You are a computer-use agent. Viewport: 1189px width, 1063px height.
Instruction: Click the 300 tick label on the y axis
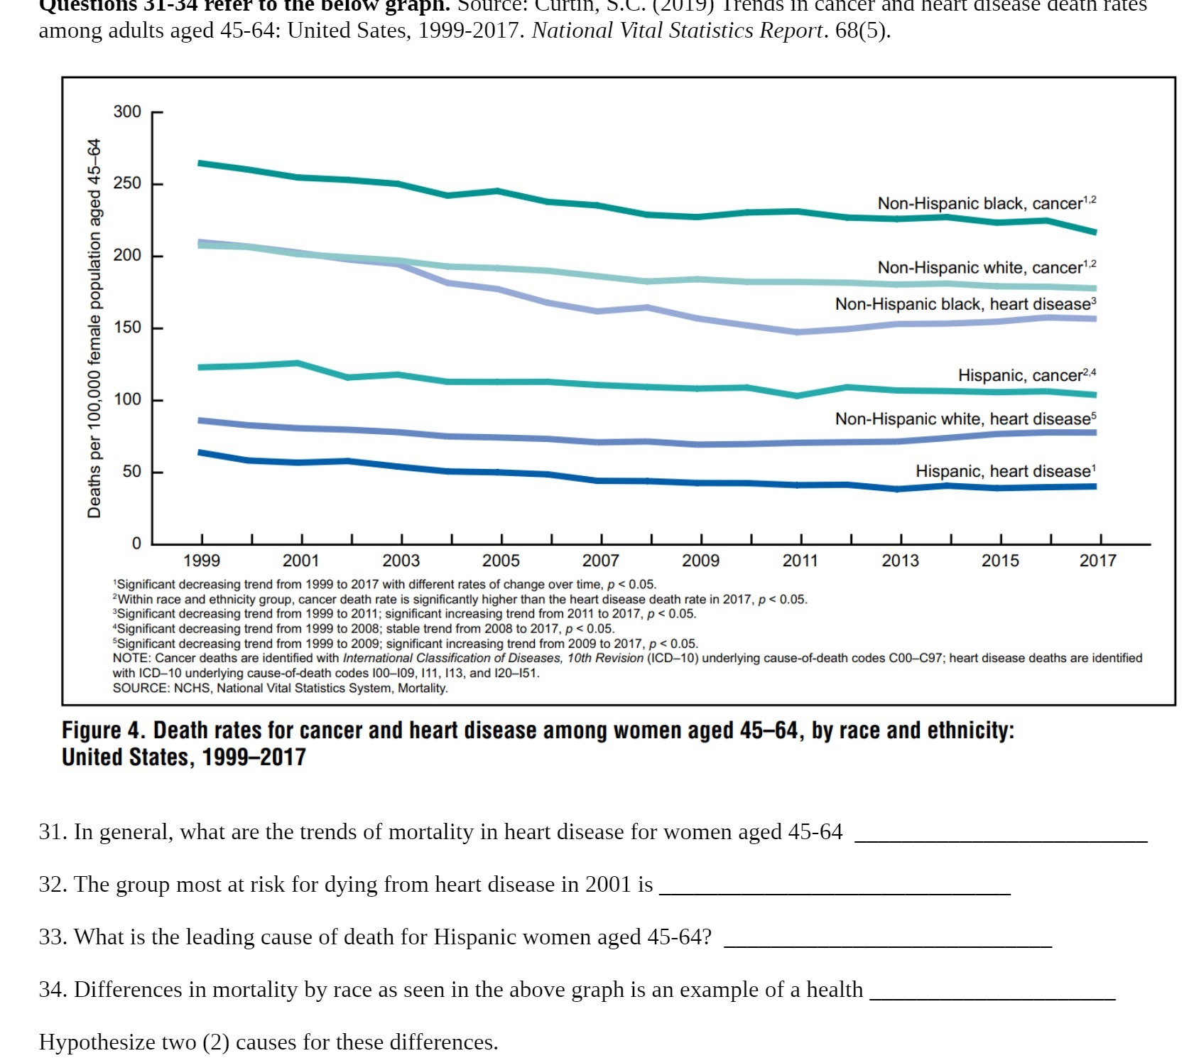tap(127, 112)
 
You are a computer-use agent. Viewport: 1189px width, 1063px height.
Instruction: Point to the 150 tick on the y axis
tap(127, 328)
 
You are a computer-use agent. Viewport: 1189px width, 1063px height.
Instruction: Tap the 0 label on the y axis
tap(136, 544)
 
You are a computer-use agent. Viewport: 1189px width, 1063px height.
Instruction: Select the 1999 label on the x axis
tap(202, 561)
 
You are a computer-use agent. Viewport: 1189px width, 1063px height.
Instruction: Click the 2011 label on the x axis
tap(800, 561)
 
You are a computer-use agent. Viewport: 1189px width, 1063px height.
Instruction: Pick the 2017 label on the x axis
tap(1098, 561)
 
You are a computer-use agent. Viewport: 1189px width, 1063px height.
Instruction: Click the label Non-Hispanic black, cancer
tap(986, 204)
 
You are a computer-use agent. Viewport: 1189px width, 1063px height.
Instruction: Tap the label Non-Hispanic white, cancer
tap(986, 268)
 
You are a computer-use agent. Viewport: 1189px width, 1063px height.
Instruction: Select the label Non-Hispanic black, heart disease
tap(965, 305)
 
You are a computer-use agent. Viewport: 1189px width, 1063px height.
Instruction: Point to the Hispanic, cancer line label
tap(1026, 376)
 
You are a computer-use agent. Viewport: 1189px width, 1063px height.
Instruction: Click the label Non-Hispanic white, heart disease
tap(965, 419)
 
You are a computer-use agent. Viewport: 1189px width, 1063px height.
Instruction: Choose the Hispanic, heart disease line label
tap(1004, 472)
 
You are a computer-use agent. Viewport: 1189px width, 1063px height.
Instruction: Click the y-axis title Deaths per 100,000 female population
tap(94, 328)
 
